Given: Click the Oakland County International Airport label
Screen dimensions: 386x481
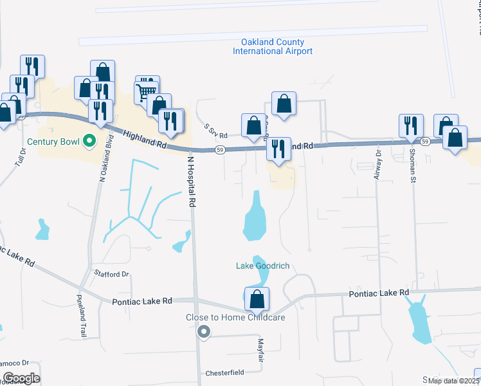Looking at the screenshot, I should point(273,46).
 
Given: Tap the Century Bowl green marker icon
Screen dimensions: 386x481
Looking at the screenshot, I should point(90,140).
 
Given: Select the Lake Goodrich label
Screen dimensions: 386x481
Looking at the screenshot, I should point(262,266).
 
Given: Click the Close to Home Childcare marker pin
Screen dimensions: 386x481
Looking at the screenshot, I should point(204,332).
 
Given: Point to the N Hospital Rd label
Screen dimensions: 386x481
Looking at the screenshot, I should point(191,180).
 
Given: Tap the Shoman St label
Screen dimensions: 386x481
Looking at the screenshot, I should point(412,165).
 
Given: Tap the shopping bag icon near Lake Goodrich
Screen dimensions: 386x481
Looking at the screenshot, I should point(257,299).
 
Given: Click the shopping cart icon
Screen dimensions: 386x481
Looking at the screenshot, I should point(147,89).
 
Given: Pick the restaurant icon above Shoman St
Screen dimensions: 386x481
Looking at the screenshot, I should point(411,125).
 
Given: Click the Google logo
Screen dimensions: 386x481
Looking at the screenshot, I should point(21,378).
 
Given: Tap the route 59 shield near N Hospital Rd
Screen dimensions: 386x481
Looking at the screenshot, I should point(220,150).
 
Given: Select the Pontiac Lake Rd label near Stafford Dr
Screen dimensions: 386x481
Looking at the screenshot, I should point(142,301).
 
